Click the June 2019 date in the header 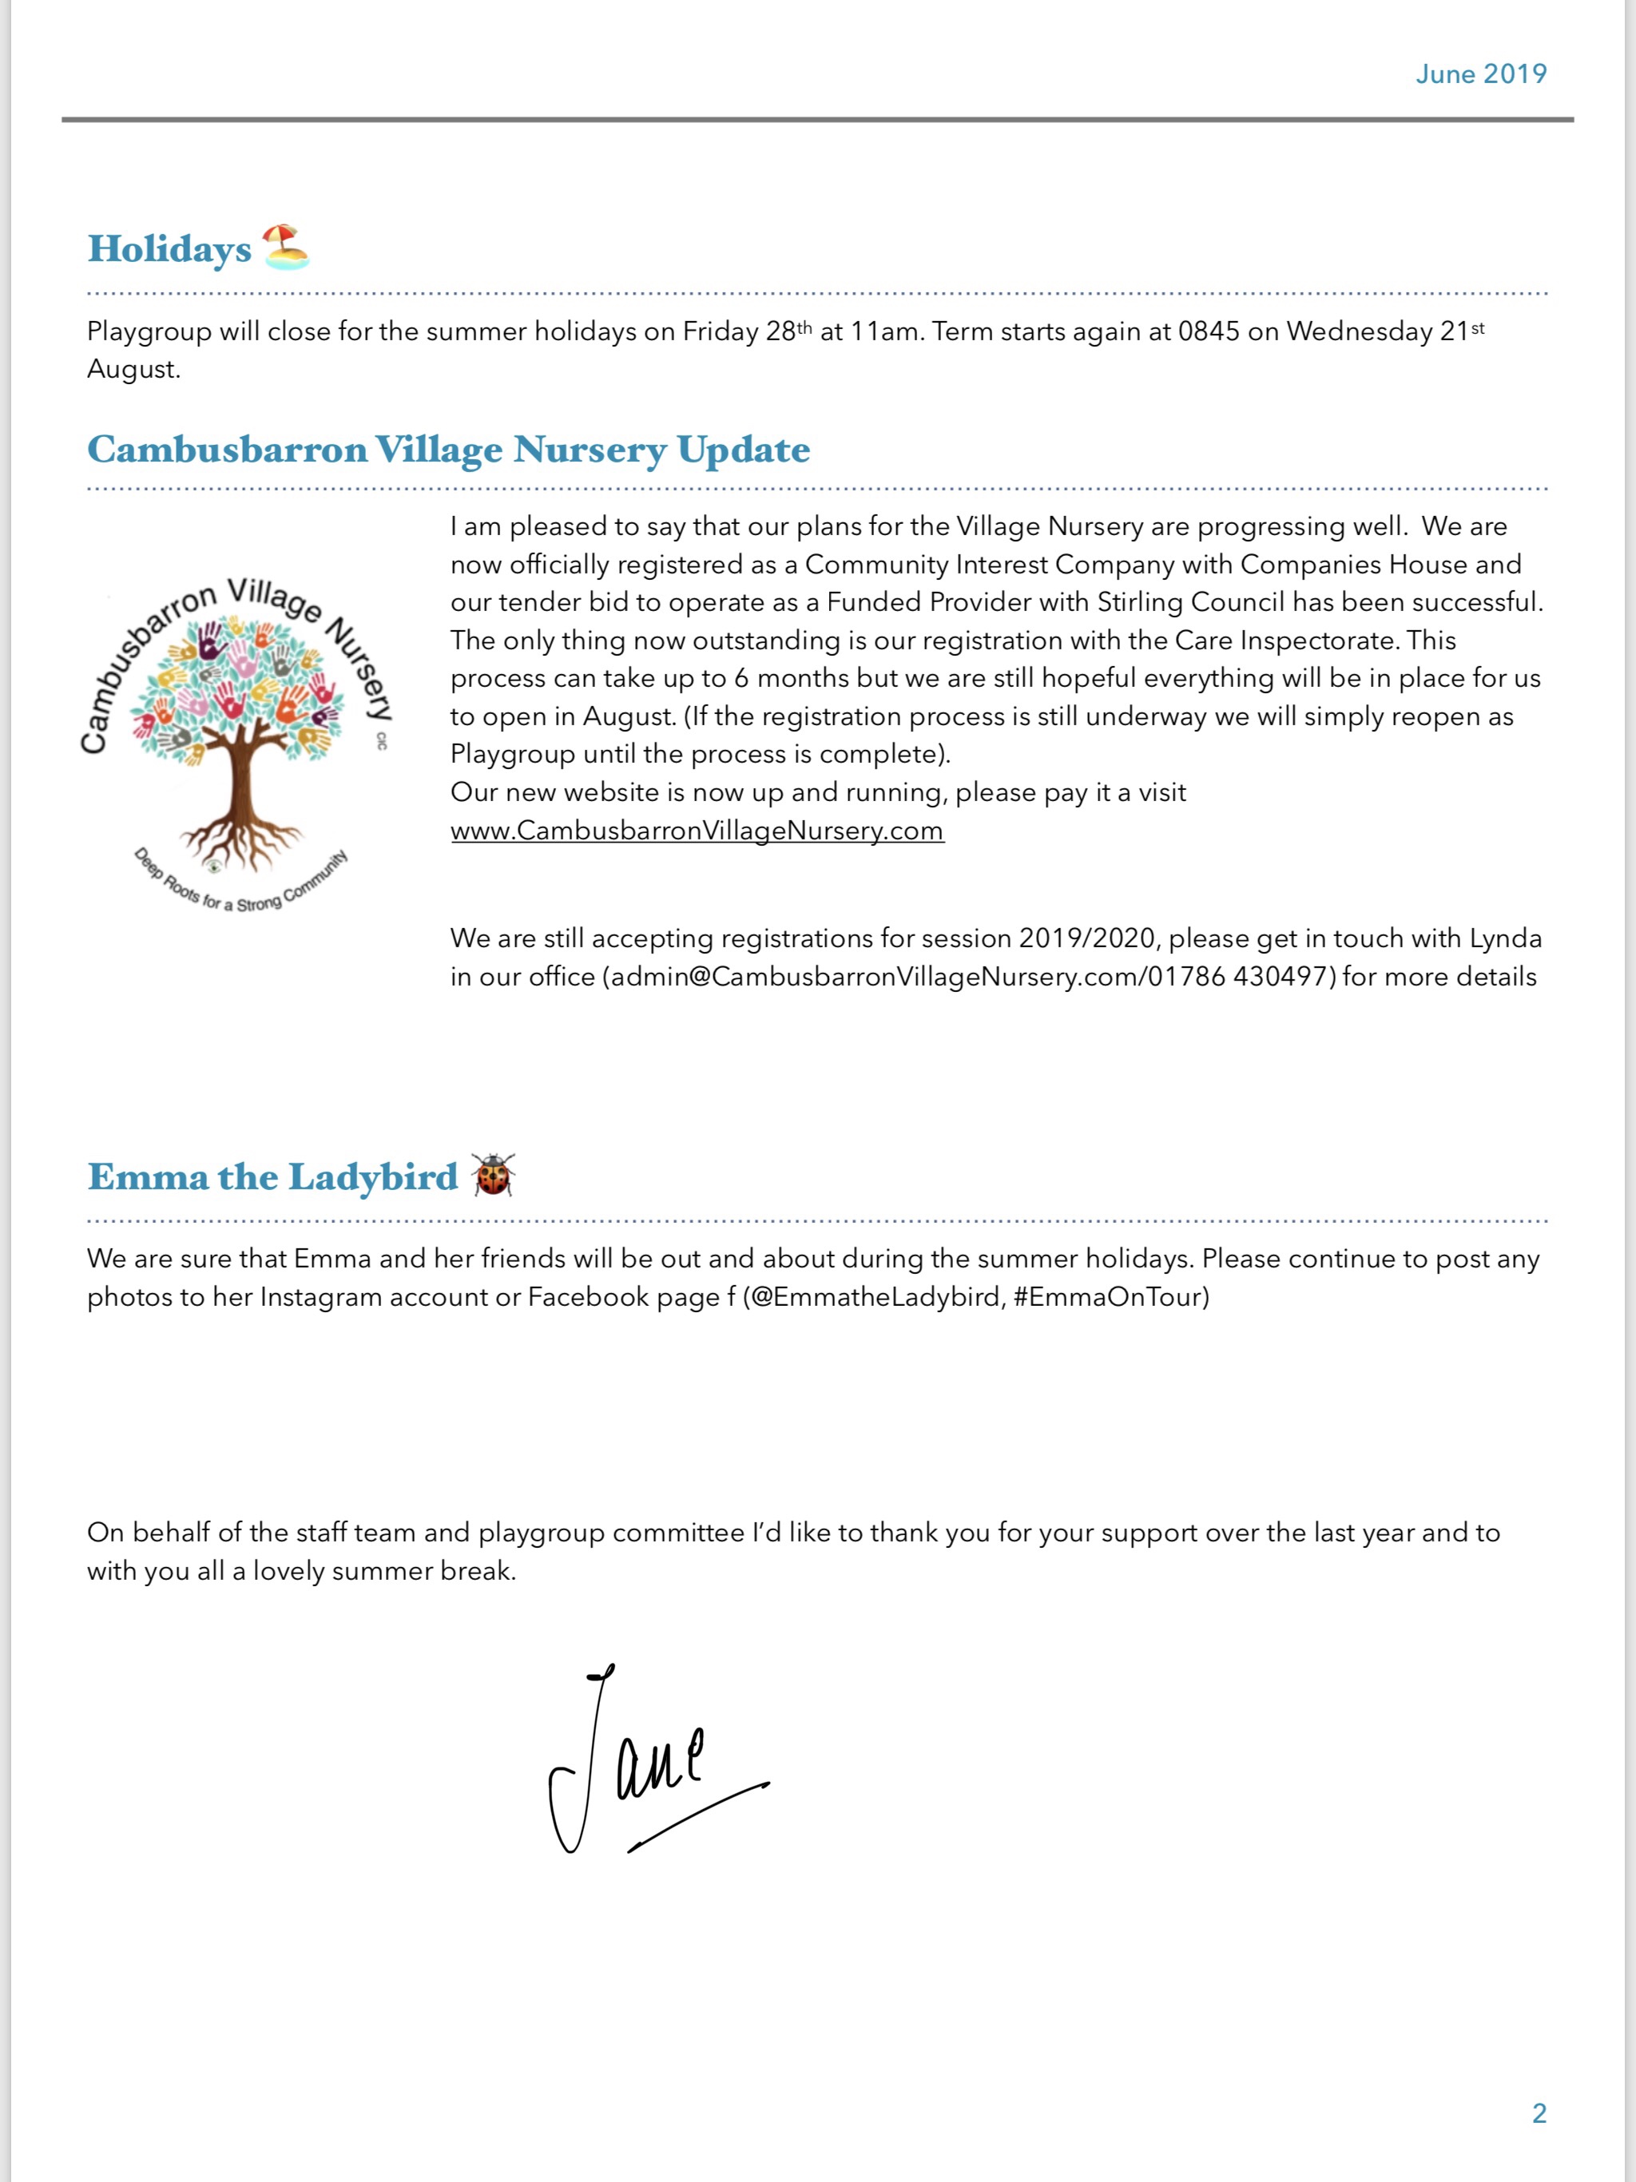click(1480, 74)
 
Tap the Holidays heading click(169, 249)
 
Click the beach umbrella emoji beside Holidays click(285, 247)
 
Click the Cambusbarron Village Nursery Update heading click(448, 450)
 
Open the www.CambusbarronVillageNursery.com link click(697, 831)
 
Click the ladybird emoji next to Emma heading click(494, 1175)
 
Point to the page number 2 click(1539, 2113)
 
